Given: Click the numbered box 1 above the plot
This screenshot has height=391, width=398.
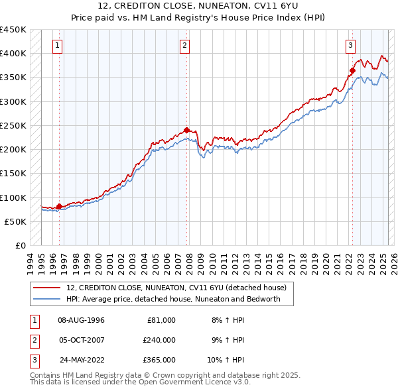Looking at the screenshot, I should coord(58,46).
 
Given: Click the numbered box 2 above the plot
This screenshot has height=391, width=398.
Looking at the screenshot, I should coord(184,46).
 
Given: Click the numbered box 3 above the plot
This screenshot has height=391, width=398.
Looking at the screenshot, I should coord(350,46).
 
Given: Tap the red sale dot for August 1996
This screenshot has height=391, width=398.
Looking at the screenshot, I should coord(59,207).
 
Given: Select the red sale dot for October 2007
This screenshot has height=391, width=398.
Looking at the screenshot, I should coord(186,130).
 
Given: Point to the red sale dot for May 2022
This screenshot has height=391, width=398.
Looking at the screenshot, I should coord(352,70).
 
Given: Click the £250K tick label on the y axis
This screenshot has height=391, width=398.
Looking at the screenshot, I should coord(14,125).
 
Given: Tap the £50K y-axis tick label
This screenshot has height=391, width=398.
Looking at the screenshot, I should coord(17,221).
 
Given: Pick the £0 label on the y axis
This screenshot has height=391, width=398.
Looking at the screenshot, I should coord(21,246).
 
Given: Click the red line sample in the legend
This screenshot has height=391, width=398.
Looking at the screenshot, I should coord(46,288).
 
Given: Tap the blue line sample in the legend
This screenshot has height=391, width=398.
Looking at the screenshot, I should coord(46,299).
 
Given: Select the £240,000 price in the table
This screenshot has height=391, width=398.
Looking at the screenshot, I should coord(159,340).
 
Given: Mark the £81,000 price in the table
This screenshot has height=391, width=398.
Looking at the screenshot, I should coord(161,320).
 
